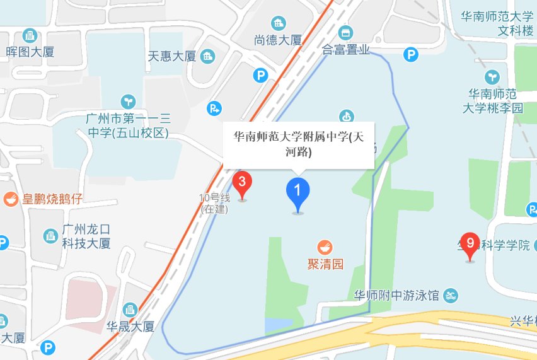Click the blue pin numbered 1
point(297,193)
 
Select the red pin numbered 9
point(470,245)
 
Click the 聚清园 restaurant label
point(325,264)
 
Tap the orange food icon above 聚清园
point(325,247)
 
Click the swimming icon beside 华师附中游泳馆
point(451,295)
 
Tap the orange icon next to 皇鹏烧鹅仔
point(11,199)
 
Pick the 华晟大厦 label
point(130,327)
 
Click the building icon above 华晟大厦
point(130,310)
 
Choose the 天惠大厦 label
point(171,56)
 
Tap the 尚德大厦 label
point(278,40)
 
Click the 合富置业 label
point(345,49)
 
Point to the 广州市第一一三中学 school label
point(128,125)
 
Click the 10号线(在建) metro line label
point(215,203)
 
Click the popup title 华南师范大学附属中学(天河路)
point(299,144)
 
